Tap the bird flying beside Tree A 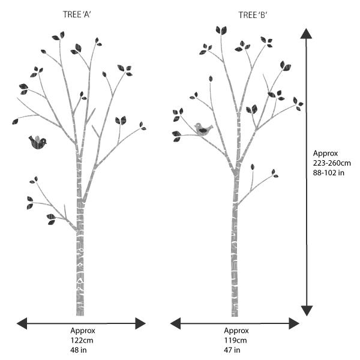point(37,142)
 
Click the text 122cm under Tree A point(80,340)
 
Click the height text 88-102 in point(329,173)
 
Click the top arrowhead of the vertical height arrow point(307,33)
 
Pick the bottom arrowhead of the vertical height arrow point(307,310)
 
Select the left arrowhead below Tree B point(176,323)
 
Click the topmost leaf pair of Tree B point(221,30)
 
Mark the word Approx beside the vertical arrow point(324,154)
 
